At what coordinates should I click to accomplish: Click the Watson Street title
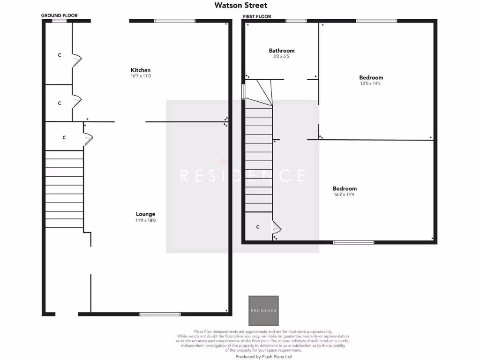(x=241, y=6)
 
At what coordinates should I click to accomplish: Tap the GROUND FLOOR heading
(x=60, y=15)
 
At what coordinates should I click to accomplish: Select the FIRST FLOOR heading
(x=256, y=16)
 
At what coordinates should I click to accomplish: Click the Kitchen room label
(x=141, y=70)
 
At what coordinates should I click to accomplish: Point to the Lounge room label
(x=146, y=214)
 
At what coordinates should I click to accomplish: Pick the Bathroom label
(x=282, y=51)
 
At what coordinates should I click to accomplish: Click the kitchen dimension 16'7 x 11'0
(x=141, y=76)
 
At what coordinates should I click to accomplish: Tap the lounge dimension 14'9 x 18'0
(x=146, y=220)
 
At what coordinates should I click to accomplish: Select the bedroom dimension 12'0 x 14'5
(x=371, y=83)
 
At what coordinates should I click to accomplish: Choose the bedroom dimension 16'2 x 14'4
(x=345, y=195)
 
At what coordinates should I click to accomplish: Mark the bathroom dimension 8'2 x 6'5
(x=282, y=56)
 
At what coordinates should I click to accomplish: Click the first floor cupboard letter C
(x=258, y=227)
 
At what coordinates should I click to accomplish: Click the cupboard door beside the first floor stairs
(x=277, y=227)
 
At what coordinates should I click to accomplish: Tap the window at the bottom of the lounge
(x=160, y=314)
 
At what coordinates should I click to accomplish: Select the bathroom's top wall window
(x=296, y=21)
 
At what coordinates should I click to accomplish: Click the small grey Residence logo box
(x=263, y=311)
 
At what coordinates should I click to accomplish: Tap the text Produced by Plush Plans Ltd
(x=263, y=357)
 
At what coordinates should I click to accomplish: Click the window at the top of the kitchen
(x=175, y=21)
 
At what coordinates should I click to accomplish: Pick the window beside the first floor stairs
(x=243, y=91)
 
